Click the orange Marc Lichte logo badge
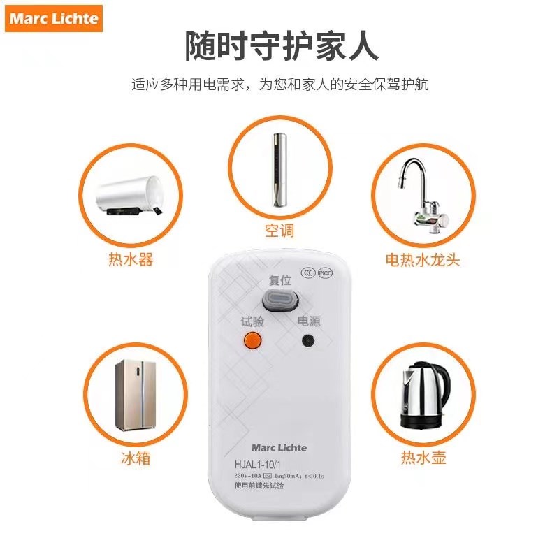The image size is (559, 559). coord(54,19)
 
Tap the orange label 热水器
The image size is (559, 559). coord(131,260)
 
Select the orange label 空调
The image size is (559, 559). coord(279,231)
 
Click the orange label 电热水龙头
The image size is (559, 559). coord(423,260)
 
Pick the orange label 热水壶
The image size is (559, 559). coord(423,458)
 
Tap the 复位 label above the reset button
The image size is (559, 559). coord(279,281)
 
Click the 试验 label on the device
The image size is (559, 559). coord(252,321)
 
